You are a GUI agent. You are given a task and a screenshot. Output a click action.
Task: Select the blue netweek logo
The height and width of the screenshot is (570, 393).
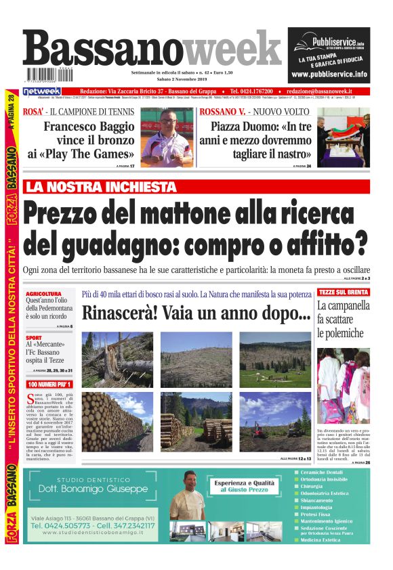point(42,91)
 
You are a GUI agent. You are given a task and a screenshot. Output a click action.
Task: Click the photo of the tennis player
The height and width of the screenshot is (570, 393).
point(167,137)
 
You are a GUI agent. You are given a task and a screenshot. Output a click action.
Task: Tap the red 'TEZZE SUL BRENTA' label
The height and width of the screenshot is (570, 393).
point(344,292)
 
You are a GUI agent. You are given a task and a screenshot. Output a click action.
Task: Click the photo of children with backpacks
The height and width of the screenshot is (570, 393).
point(344,385)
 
